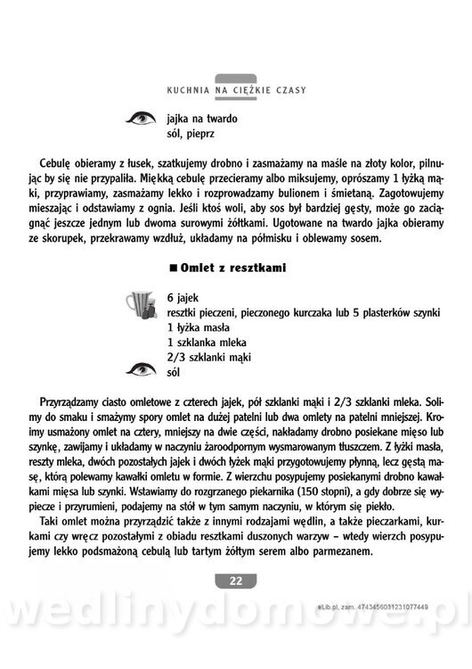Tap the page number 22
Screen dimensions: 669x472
pos(235,582)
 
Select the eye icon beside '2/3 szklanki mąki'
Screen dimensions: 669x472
pos(142,367)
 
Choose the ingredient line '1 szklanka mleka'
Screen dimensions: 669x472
pos(206,343)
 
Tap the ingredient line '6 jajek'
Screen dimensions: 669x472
pos(183,296)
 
